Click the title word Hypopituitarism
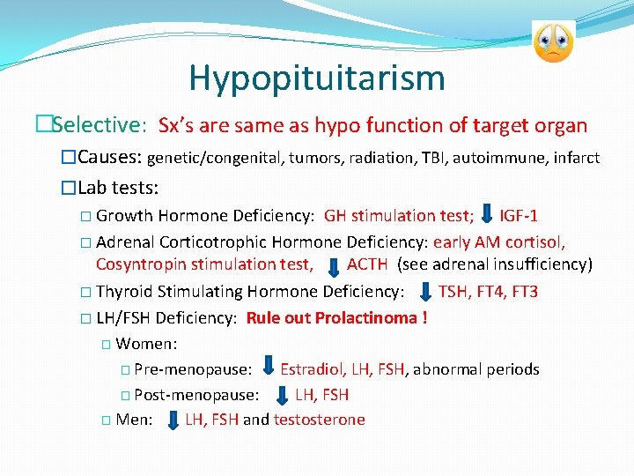coord(316,78)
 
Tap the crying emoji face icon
coord(553,42)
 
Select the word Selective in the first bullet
coord(99,124)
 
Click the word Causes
coord(109,158)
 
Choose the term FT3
coord(524,292)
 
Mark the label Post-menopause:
coord(196,395)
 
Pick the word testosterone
coord(319,420)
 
